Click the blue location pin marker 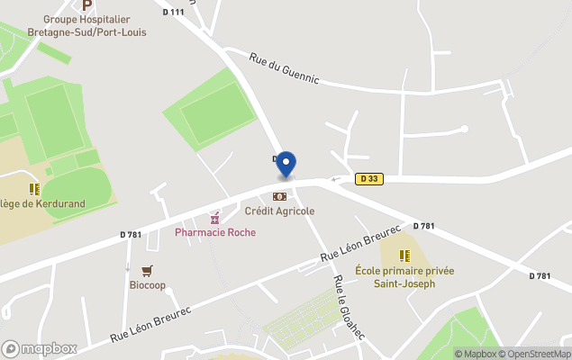(x=286, y=165)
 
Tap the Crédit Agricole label (x=280, y=211)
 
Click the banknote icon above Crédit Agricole (x=280, y=196)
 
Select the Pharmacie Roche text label (x=214, y=232)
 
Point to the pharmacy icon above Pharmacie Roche (x=214, y=218)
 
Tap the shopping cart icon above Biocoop (x=147, y=270)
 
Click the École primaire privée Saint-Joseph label (x=404, y=276)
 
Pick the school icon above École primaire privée (x=404, y=256)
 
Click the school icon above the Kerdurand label (x=34, y=189)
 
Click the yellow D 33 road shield (x=369, y=179)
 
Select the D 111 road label (x=174, y=12)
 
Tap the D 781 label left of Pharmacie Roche (x=131, y=235)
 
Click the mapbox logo (x=40, y=348)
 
